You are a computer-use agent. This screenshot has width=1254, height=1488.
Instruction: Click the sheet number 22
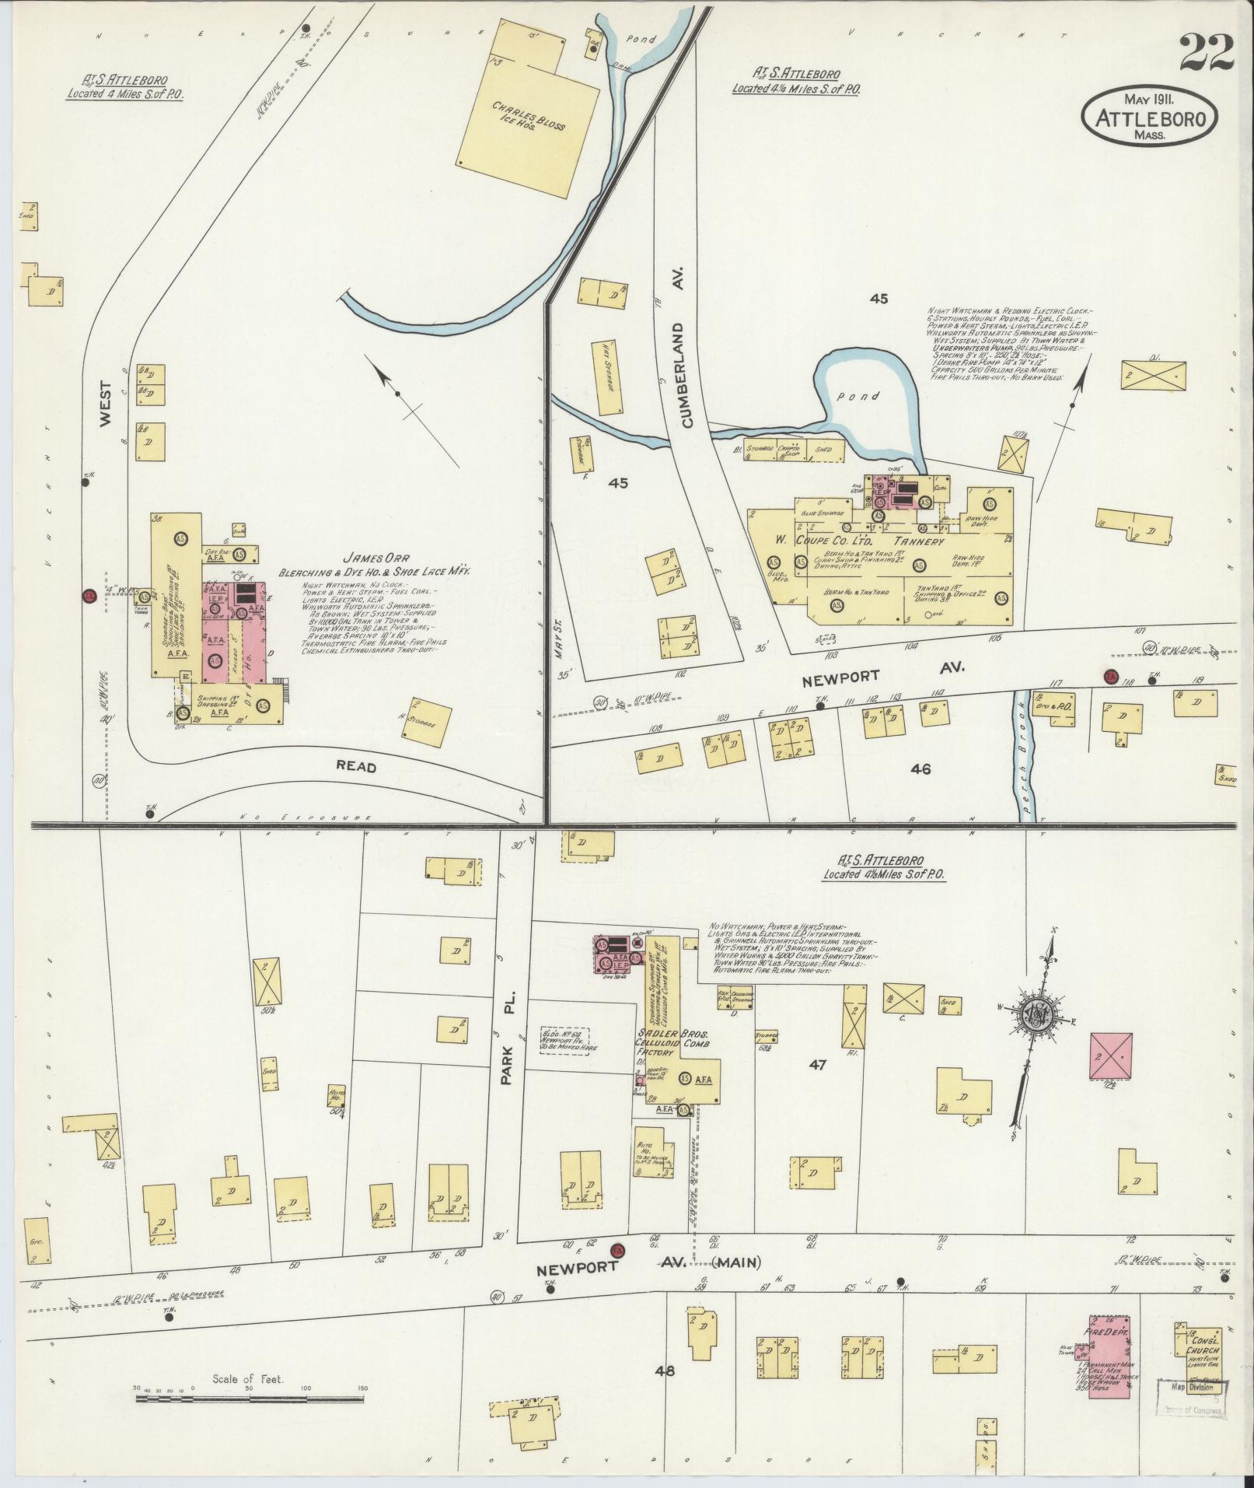click(x=1206, y=54)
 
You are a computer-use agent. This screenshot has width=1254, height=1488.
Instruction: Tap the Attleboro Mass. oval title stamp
click(x=1148, y=115)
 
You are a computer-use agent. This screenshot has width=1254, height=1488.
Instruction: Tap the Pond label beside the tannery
click(x=864, y=396)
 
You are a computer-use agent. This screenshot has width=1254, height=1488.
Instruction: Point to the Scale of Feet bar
click(x=249, y=1399)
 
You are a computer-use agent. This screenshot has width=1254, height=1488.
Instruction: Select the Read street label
click(x=356, y=767)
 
